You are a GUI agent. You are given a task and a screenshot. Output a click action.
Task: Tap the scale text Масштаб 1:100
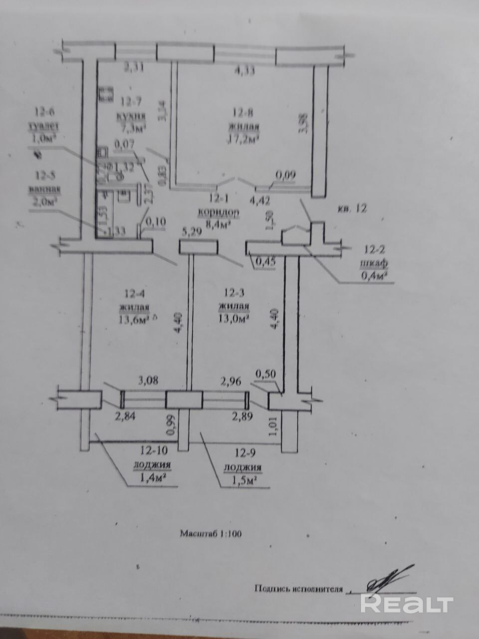(211, 533)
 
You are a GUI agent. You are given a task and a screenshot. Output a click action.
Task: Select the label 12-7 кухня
(130, 109)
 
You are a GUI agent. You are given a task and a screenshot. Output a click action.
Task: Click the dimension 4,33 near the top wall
(244, 70)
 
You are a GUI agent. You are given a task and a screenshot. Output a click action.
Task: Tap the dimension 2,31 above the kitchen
(134, 67)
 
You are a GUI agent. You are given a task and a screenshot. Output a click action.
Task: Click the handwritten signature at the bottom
(384, 581)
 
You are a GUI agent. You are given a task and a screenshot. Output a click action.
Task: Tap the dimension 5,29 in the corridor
(193, 231)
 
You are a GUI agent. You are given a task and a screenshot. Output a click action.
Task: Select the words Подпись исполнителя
(298, 589)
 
